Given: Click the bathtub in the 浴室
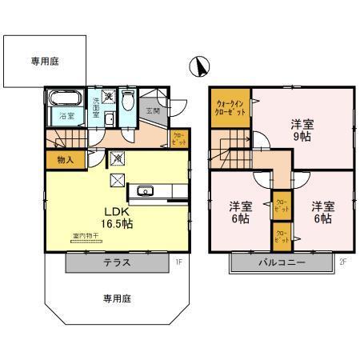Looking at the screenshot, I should (64, 101).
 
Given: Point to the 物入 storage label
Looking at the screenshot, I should (66, 159).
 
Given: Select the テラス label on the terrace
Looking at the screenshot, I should (117, 262).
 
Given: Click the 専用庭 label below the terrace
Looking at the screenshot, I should (116, 298).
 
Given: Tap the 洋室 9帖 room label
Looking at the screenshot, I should (301, 130).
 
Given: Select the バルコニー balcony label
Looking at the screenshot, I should (281, 262).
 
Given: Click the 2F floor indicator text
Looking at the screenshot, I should (342, 260).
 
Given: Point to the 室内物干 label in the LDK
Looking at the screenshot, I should (82, 236).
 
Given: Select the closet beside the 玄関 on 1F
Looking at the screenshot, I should (180, 136).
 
